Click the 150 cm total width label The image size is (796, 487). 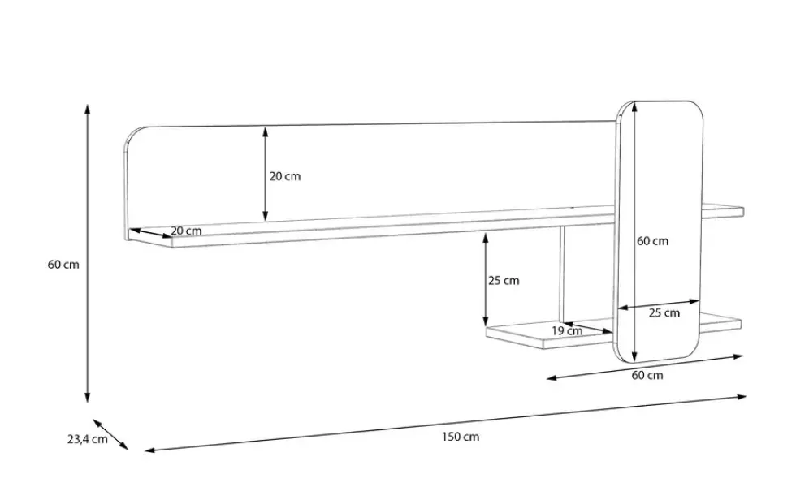tap(461, 437)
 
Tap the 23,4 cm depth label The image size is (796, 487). tap(88, 439)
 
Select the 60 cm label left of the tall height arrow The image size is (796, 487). tap(63, 265)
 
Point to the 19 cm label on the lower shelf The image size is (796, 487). tap(567, 331)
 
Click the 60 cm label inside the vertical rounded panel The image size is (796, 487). tap(653, 241)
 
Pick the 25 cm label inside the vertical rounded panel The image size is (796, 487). tap(664, 313)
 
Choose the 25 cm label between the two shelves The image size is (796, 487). tap(504, 281)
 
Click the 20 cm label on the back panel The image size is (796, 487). tap(285, 176)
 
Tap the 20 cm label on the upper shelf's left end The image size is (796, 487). tap(186, 231)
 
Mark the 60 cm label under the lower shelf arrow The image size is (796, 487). tap(647, 375)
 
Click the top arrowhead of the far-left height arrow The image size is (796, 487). tap(88, 108)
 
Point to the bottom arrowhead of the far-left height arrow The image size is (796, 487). tap(88, 399)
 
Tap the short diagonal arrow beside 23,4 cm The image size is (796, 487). tap(110, 434)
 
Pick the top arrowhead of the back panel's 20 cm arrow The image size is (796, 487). tap(265, 131)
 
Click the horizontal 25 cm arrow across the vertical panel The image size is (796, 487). tap(659, 305)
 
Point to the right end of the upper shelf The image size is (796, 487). tap(743, 212)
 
